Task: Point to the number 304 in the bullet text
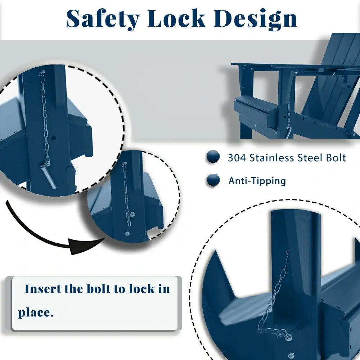click(237, 158)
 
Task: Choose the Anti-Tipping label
click(257, 181)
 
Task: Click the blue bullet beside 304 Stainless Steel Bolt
click(213, 157)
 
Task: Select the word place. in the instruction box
click(36, 313)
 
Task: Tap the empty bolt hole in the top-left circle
click(53, 138)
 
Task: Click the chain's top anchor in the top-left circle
click(42, 73)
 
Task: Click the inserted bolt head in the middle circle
click(132, 215)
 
